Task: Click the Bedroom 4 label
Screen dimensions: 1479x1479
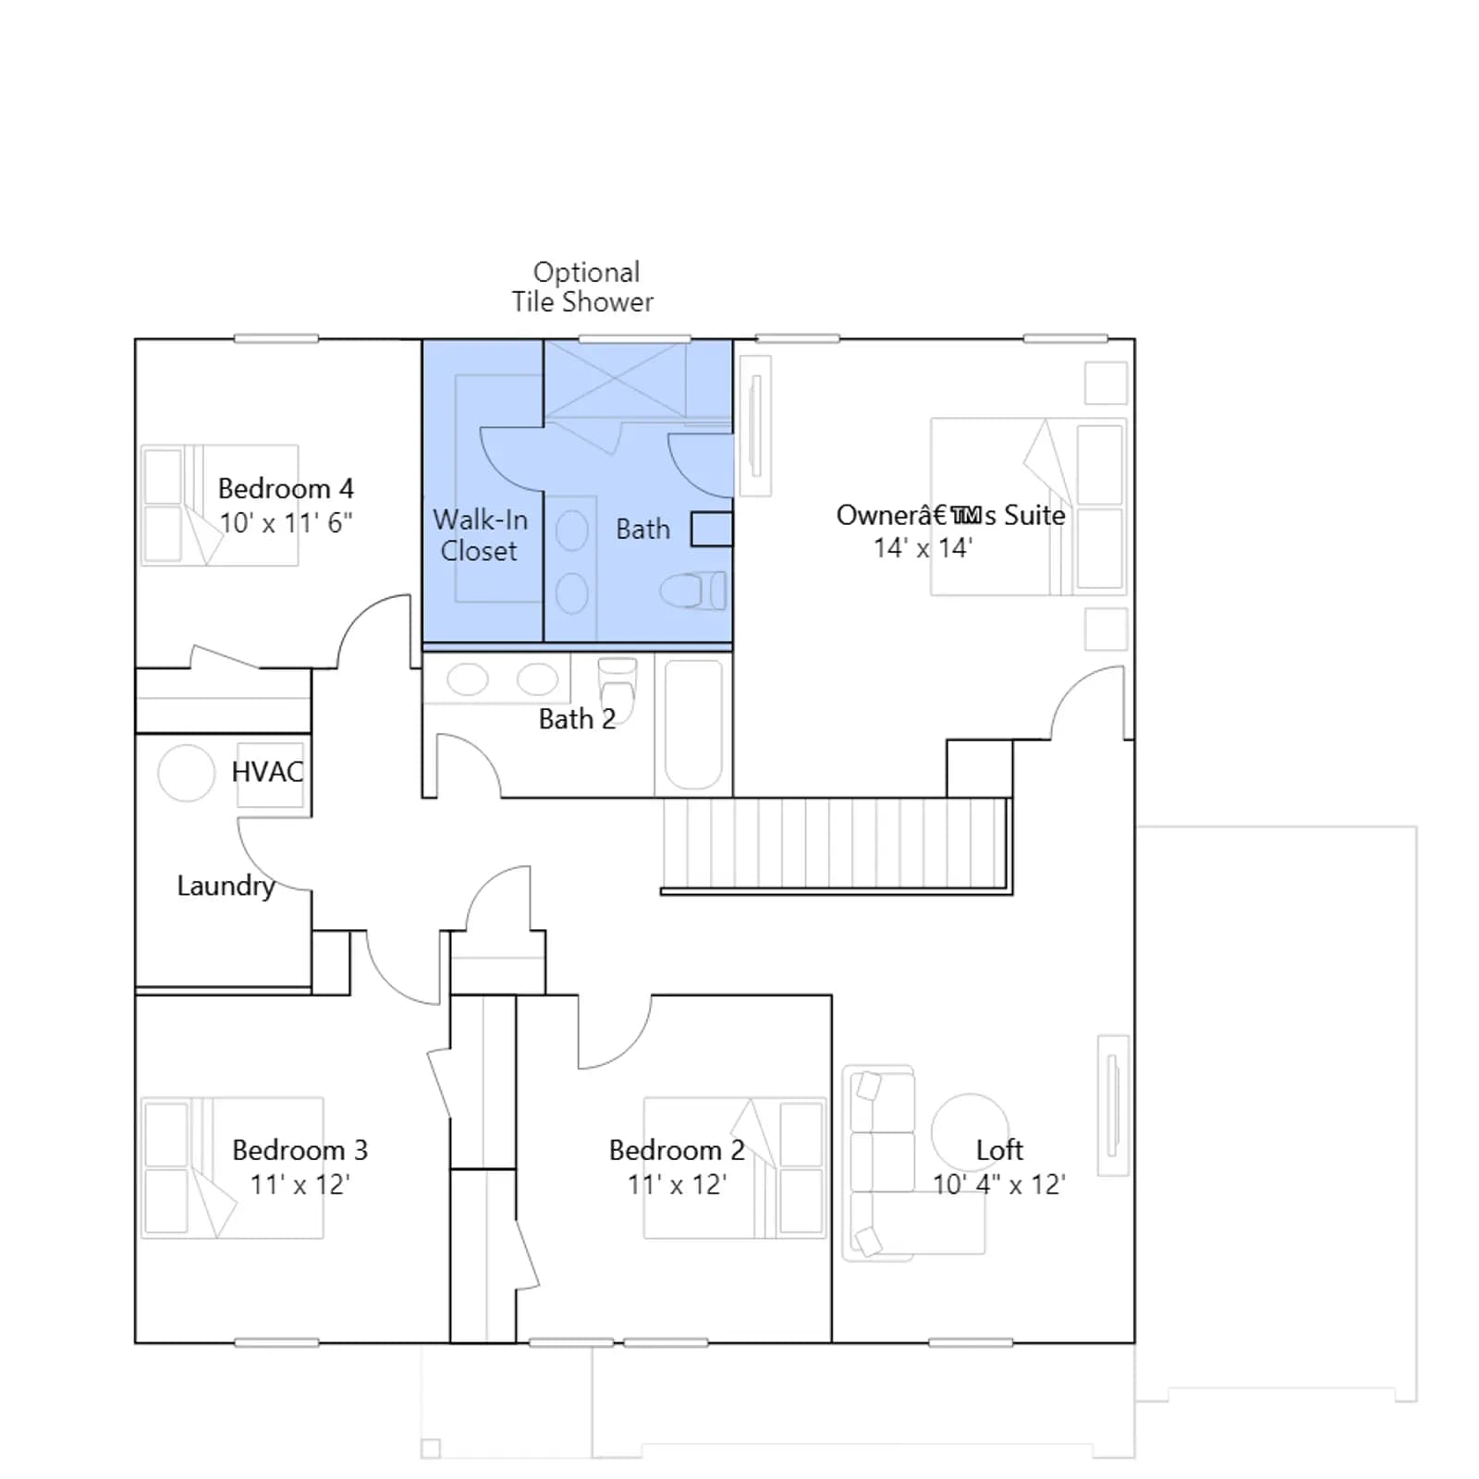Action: tap(286, 488)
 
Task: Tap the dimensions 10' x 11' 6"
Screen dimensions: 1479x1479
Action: tap(286, 523)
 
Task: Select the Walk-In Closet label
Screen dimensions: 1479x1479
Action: tap(480, 535)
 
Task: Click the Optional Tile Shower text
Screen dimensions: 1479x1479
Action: tap(583, 287)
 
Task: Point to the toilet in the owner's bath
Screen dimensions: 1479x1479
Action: tap(693, 591)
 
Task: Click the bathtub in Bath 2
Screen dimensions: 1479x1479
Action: tap(693, 725)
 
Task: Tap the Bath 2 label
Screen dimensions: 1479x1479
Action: tap(577, 719)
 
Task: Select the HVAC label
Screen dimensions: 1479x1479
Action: tap(267, 772)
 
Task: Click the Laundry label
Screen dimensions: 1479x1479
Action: tap(226, 886)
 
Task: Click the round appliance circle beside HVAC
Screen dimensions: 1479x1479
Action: tap(187, 773)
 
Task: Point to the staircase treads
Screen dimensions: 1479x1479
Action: tap(835, 843)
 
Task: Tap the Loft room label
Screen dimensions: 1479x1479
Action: tap(999, 1150)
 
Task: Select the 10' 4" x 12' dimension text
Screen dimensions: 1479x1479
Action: tap(999, 1185)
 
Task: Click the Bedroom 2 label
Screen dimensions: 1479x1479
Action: tap(677, 1150)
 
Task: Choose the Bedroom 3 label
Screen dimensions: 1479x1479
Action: tap(299, 1150)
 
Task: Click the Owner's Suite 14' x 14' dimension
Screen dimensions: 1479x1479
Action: tap(923, 548)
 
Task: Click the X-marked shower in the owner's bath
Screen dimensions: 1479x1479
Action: tap(616, 378)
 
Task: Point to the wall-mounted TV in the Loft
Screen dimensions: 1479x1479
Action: tap(1113, 1106)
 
